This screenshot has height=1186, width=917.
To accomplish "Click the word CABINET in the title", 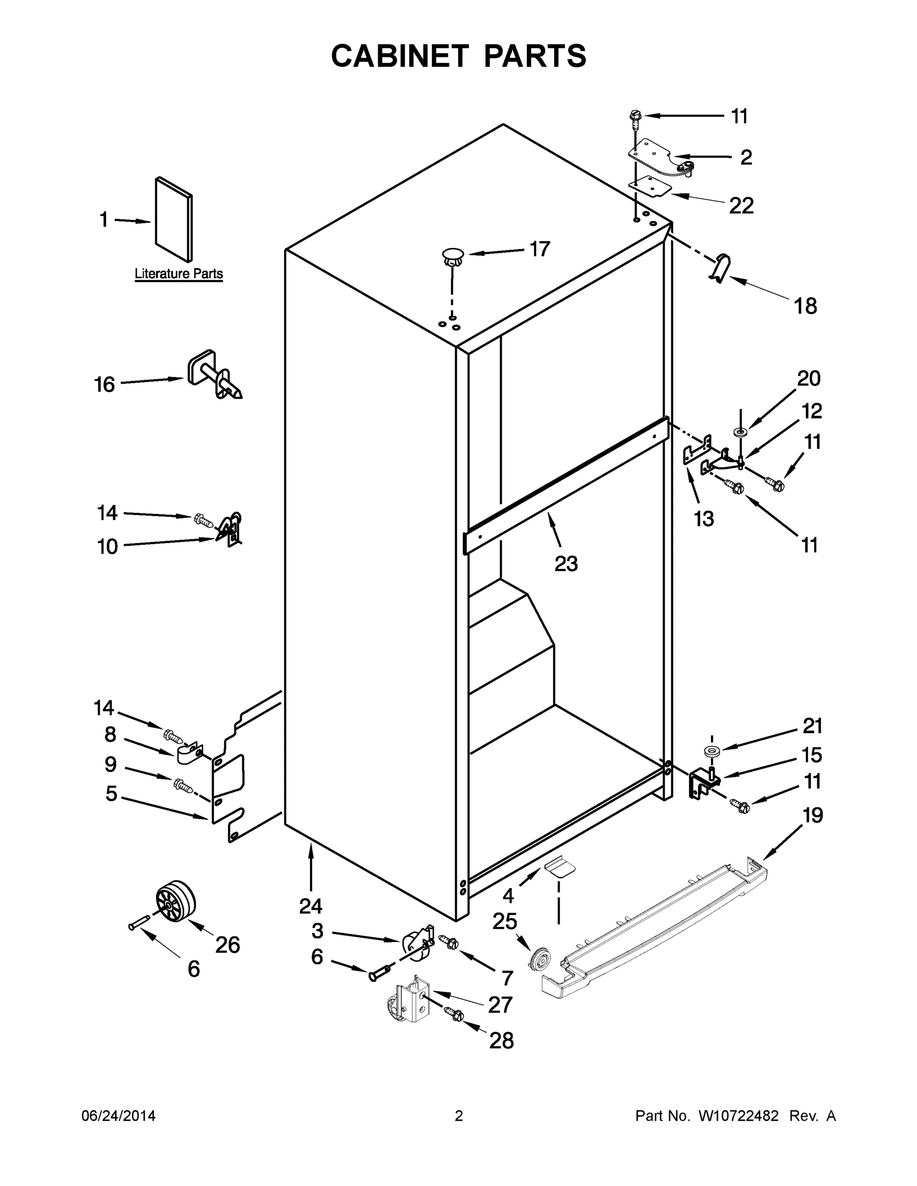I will tap(399, 56).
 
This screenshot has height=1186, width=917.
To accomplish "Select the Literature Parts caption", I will tap(179, 274).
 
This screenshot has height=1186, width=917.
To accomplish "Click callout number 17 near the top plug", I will tap(539, 249).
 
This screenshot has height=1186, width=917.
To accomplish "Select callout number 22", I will tap(741, 205).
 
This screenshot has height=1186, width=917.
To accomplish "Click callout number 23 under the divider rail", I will tap(566, 564).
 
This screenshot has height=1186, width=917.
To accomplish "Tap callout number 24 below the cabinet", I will tap(310, 906).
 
